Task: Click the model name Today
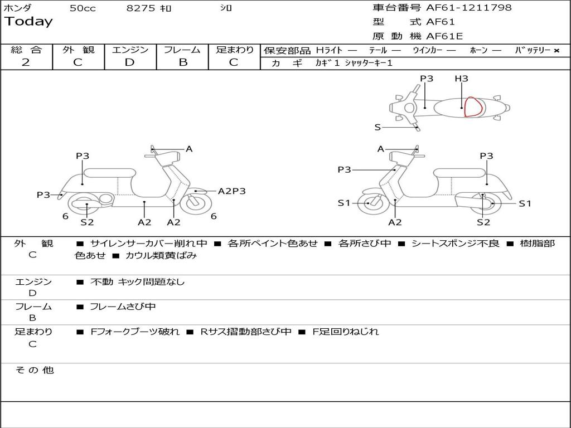click(28, 22)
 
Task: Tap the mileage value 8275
click(142, 8)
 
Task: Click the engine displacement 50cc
click(83, 8)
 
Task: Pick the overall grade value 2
click(26, 62)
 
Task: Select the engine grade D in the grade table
click(129, 62)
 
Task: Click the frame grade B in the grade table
click(183, 62)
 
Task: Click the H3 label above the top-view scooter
click(461, 79)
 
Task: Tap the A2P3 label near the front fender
click(231, 191)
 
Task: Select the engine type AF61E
click(444, 37)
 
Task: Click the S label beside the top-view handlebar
click(378, 127)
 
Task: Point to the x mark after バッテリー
click(556, 50)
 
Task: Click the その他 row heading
click(34, 370)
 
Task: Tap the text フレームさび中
click(123, 307)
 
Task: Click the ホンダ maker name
click(17, 8)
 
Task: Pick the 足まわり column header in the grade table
click(234, 50)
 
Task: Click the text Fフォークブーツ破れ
click(135, 332)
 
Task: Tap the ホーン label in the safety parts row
click(478, 50)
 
